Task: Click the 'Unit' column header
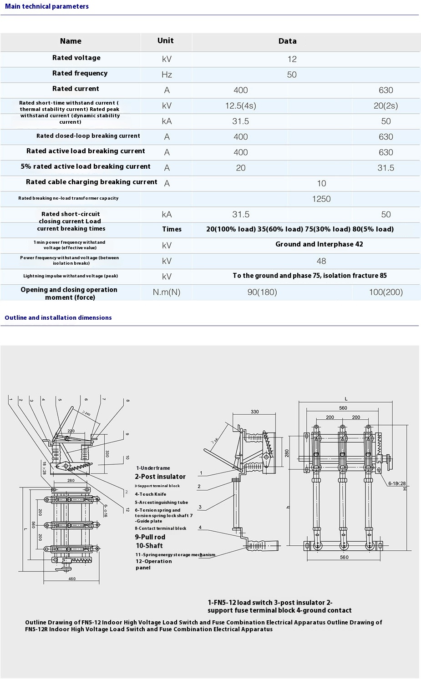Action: [x=165, y=40]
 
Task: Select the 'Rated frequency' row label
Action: [x=80, y=73]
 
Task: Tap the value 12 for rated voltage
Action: [x=292, y=59]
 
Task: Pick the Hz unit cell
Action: [x=167, y=75]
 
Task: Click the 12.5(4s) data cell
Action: [x=240, y=106]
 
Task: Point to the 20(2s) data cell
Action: [x=385, y=106]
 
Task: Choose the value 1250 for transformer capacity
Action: [x=321, y=199]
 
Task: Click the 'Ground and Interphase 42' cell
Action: [x=319, y=244]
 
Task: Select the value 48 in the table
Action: [x=321, y=261]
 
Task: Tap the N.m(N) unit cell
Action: [x=167, y=292]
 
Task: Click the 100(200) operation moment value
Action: [x=385, y=292]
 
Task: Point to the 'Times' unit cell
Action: [x=172, y=229]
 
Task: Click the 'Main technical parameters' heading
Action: [x=47, y=6]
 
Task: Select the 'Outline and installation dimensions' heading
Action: [x=58, y=317]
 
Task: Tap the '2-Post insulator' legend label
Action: [x=160, y=477]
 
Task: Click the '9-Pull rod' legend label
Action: [x=150, y=537]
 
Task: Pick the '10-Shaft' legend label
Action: [x=149, y=546]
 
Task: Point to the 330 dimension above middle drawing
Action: [x=254, y=412]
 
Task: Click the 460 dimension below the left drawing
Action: [x=72, y=579]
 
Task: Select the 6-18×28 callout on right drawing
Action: [x=397, y=483]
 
